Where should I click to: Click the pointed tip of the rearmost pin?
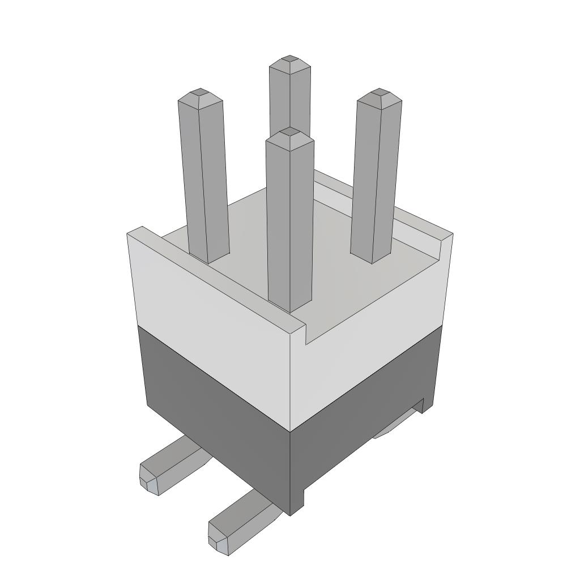click(290, 59)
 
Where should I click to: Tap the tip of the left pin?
click(199, 92)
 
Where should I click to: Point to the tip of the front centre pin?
click(289, 132)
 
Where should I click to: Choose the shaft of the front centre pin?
click(290, 227)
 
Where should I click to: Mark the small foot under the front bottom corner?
click(297, 501)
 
